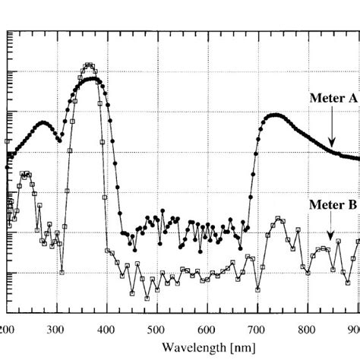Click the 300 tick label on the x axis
(55, 329)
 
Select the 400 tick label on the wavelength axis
(106, 329)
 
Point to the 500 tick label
(156, 329)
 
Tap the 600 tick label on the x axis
(206, 329)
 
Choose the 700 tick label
(257, 329)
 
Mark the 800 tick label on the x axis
(307, 329)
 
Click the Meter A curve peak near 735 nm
(274, 115)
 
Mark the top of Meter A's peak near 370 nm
(91, 79)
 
